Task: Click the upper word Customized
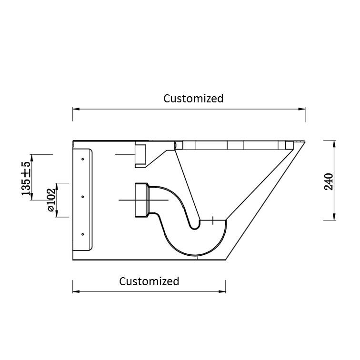point(193,99)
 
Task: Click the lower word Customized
point(149,281)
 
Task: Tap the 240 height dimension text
point(329,181)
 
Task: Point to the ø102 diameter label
point(51,200)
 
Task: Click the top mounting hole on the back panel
point(83,159)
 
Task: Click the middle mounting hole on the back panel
point(83,197)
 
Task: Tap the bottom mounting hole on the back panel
point(83,234)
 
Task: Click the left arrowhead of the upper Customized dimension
point(76,109)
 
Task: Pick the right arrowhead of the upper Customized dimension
point(302,109)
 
